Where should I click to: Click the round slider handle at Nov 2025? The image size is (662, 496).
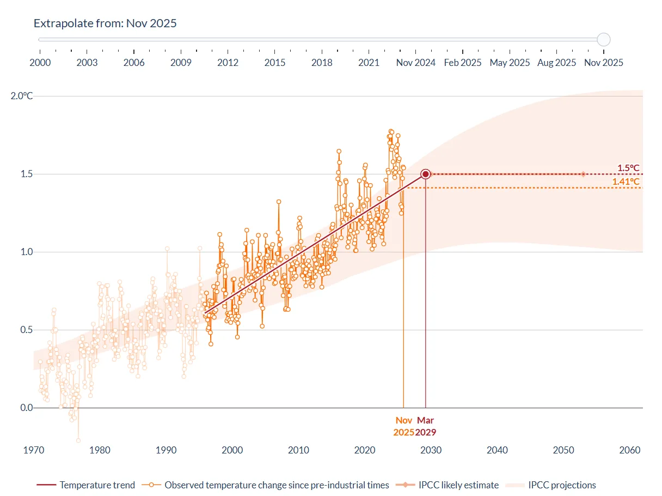(603, 39)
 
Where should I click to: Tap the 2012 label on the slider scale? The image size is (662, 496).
(228, 63)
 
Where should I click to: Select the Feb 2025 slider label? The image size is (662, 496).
(463, 63)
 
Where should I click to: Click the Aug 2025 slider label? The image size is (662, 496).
(556, 63)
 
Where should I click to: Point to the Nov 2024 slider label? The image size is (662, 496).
(415, 63)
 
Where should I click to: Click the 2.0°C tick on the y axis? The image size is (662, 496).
(22, 96)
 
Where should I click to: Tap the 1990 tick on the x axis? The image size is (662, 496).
(166, 450)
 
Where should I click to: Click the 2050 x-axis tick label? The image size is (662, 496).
(563, 450)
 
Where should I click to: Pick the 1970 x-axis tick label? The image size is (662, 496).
(34, 450)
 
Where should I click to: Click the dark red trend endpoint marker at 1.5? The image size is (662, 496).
(426, 174)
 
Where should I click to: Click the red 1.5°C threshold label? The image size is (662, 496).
(628, 168)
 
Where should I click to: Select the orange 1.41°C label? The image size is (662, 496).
(626, 182)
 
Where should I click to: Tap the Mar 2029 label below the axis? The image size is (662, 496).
(425, 426)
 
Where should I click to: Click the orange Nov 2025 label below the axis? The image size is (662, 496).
(404, 426)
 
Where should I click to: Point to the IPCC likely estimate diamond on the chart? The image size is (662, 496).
(583, 174)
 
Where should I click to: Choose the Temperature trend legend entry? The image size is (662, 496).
(85, 485)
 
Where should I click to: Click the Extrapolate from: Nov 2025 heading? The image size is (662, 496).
(105, 23)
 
